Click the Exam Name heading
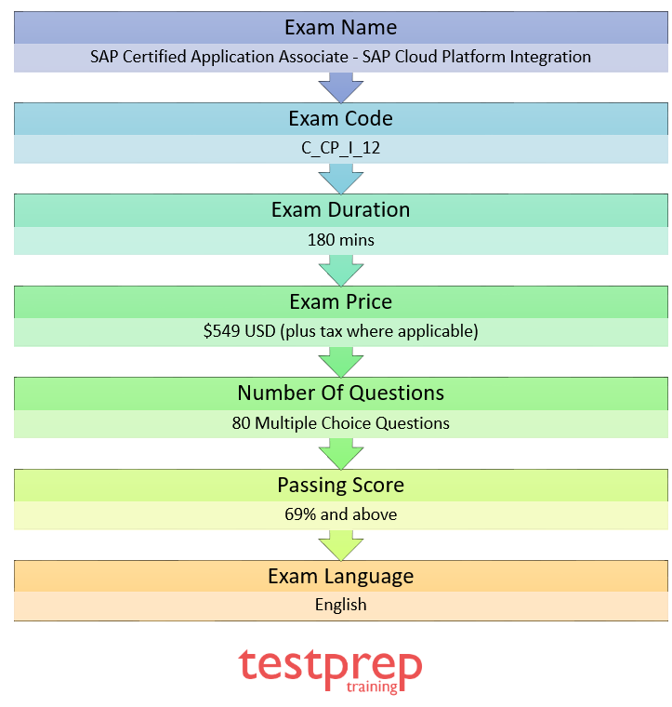pyautogui.click(x=340, y=27)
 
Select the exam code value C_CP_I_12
pyautogui.click(x=340, y=148)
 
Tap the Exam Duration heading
pyautogui.click(x=340, y=210)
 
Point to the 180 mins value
pyautogui.click(x=340, y=240)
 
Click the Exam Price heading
pyautogui.click(x=340, y=301)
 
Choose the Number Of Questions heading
pyautogui.click(x=340, y=393)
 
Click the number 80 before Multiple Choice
pyautogui.click(x=242, y=423)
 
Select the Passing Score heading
pyautogui.click(x=340, y=485)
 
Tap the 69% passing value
pyautogui.click(x=302, y=514)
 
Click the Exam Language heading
pyautogui.click(x=340, y=576)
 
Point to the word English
pyautogui.click(x=340, y=605)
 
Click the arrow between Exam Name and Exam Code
pyautogui.click(x=340, y=87)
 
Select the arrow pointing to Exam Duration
pyautogui.click(x=340, y=179)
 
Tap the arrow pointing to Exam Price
pyautogui.click(x=340, y=271)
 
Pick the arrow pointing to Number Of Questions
pyautogui.click(x=340, y=362)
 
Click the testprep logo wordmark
pyautogui.click(x=330, y=664)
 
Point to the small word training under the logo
pyautogui.click(x=371, y=687)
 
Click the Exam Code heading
pyautogui.click(x=340, y=118)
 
